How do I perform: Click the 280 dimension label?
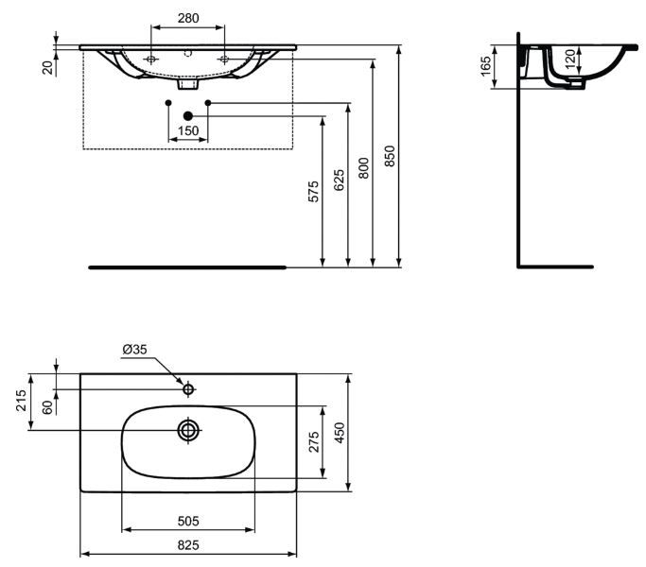188,18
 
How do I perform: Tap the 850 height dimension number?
390,156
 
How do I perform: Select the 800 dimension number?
364,167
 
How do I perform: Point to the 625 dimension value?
339,180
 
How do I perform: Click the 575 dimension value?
313,192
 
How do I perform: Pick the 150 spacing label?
188,130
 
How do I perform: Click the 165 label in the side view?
486,66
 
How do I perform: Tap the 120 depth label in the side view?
569,59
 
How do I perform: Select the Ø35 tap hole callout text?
134,350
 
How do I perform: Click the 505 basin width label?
188,522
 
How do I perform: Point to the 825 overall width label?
188,545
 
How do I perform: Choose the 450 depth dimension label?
340,433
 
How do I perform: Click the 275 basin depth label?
314,442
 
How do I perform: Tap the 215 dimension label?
21,401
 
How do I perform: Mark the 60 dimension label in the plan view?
48,407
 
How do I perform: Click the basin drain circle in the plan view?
188,430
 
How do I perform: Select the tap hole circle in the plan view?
188,388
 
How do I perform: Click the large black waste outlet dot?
188,116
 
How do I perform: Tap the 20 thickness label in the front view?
48,67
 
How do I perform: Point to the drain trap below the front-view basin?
188,84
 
